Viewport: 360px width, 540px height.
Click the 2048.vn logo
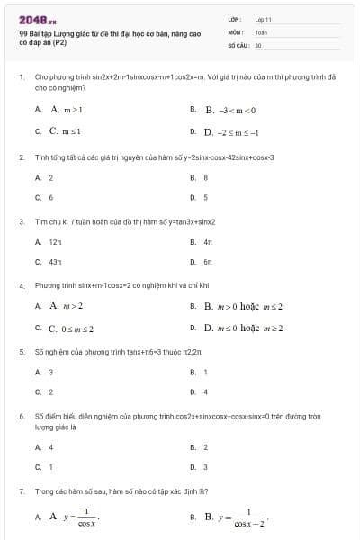tap(38, 19)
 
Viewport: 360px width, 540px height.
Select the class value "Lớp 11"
tap(264, 19)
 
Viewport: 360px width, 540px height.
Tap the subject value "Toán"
tap(261, 31)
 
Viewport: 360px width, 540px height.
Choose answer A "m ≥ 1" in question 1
tap(67, 110)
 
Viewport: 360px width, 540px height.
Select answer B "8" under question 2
tap(206, 177)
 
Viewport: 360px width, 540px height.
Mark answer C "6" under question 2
tap(50, 197)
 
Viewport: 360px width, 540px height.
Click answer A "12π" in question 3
tap(55, 242)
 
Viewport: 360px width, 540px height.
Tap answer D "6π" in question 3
tap(207, 262)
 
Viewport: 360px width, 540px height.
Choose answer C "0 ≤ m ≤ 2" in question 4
tap(71, 328)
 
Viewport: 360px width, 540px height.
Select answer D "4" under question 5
tap(206, 391)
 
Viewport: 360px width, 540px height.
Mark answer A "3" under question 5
tap(50, 372)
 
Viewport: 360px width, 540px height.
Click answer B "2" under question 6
tap(206, 446)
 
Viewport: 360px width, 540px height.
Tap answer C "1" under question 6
tap(50, 466)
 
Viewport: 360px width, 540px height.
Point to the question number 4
tap(21, 285)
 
